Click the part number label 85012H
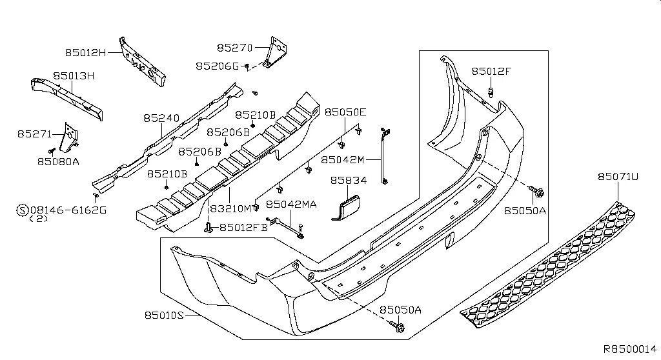click(x=86, y=52)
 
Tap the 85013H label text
click(x=74, y=76)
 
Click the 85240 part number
click(x=161, y=119)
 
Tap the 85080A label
click(x=58, y=162)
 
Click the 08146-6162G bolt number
click(x=68, y=210)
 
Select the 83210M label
click(x=230, y=208)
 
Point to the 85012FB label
click(x=243, y=227)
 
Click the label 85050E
click(x=345, y=112)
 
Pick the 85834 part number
click(x=349, y=183)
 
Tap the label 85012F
click(x=491, y=72)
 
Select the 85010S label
click(x=161, y=315)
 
